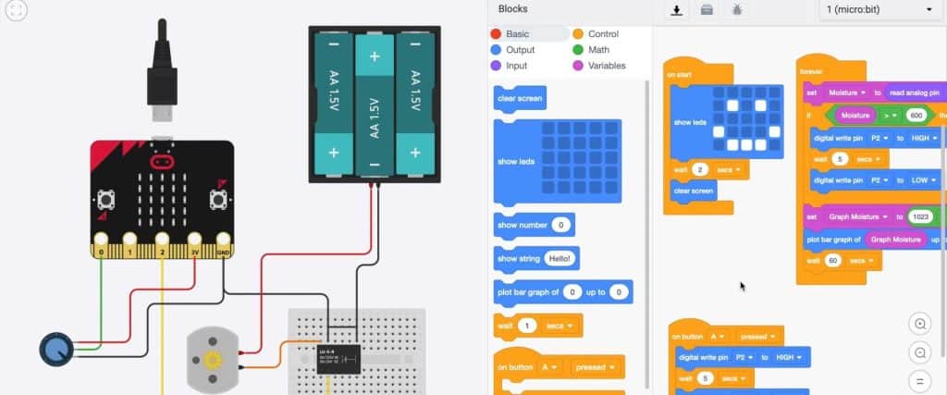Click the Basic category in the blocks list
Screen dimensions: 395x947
point(517,34)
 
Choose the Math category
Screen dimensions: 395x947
point(598,50)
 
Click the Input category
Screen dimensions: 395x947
point(516,66)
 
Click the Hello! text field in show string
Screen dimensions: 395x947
point(560,258)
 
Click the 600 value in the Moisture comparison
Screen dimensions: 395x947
point(916,116)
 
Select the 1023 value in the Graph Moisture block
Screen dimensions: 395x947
point(919,216)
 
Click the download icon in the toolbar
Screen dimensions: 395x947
point(677,10)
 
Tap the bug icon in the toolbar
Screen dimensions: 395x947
point(736,10)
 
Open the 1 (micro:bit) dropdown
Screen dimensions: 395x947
point(878,10)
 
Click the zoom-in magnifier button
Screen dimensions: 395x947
point(919,324)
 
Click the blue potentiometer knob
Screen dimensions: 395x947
point(55,349)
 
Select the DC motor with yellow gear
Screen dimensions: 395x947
point(213,358)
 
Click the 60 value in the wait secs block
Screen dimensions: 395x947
point(831,261)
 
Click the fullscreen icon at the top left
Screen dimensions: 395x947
point(17,11)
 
